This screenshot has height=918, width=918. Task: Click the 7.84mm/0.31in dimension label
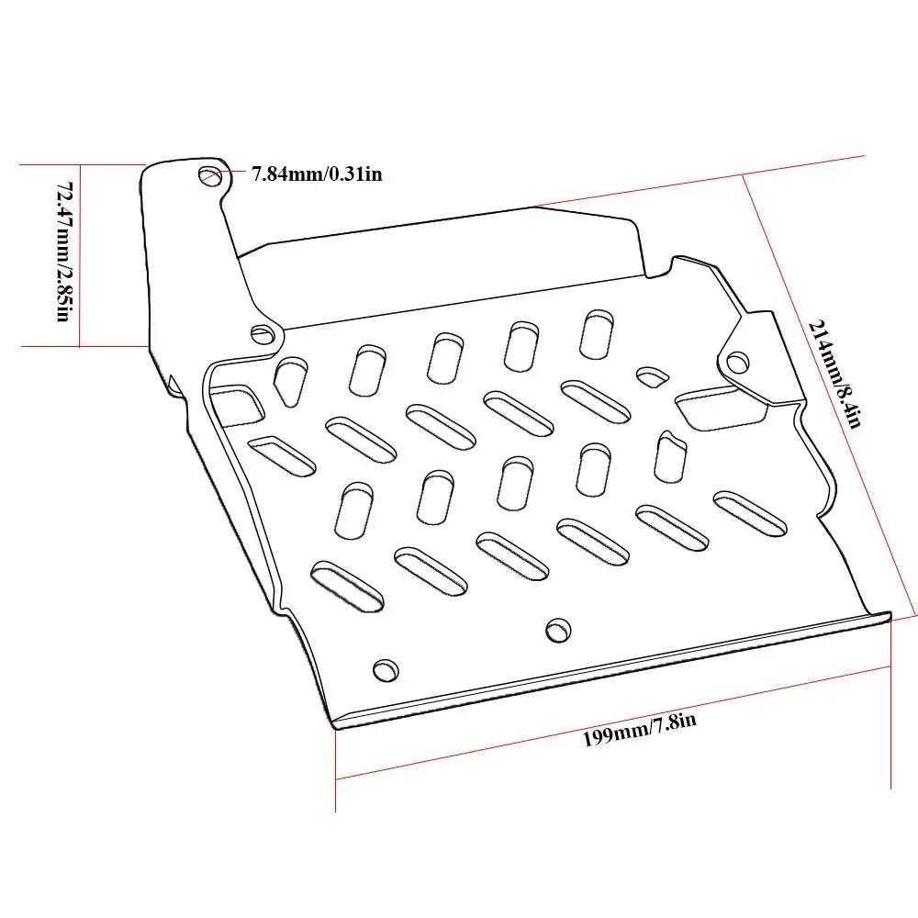pos(317,174)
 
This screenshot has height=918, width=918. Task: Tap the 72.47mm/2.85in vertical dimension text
pos(64,252)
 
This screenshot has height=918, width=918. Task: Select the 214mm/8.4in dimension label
pos(834,374)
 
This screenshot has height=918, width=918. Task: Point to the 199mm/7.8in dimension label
pos(639,728)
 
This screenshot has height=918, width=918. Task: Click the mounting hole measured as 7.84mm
pos(210,175)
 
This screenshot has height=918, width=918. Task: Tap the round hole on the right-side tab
pos(737,362)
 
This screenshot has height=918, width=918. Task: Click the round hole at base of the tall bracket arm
pos(263,335)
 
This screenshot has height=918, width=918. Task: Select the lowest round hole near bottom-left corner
pos(386,670)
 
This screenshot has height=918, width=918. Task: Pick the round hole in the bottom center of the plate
pos(558,630)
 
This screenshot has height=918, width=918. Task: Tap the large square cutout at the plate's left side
pos(235,405)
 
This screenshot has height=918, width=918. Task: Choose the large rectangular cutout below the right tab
pos(720,408)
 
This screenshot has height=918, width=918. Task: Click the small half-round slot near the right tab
pos(652,376)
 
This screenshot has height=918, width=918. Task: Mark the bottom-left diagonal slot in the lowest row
pos(348,586)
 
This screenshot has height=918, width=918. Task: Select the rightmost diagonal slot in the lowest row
pos(750,513)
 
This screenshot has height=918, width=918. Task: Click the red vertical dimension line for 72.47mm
pos(80,255)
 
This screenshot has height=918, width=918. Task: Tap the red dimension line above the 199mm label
pos(613,722)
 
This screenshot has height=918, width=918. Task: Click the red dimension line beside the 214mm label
pos(828,396)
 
